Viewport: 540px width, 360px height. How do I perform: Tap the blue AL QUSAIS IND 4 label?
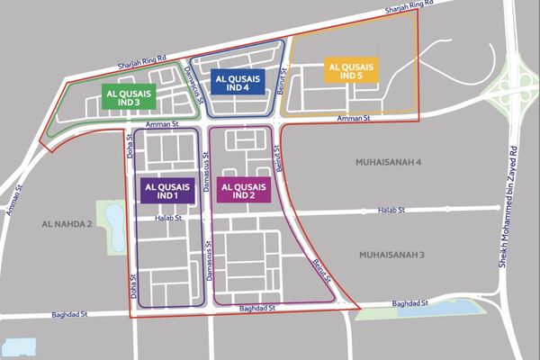237,82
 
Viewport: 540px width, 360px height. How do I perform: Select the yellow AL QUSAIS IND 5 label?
351,71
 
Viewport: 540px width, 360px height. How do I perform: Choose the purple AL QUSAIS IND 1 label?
165,190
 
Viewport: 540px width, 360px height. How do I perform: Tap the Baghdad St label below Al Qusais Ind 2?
256,308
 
